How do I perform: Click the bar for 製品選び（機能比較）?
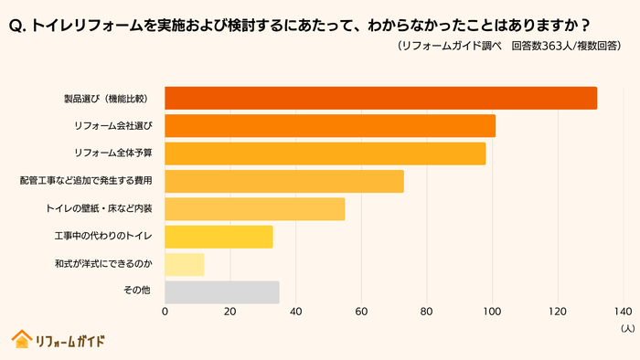(380, 99)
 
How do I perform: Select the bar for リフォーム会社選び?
(330, 126)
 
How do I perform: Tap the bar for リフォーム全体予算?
(325, 154)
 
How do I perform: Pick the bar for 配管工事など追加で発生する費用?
(284, 181)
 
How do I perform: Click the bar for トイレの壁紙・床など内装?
(255, 208)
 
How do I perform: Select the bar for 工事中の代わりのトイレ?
(219, 237)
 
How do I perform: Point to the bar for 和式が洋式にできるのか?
(185, 264)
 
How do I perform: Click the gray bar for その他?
(222, 291)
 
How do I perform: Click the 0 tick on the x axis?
(165, 311)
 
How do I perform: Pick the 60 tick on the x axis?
(361, 311)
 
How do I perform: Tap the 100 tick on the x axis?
(493, 311)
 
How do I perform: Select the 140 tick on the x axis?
(624, 311)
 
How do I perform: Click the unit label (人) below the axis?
(626, 327)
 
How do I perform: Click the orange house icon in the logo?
(21, 339)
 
